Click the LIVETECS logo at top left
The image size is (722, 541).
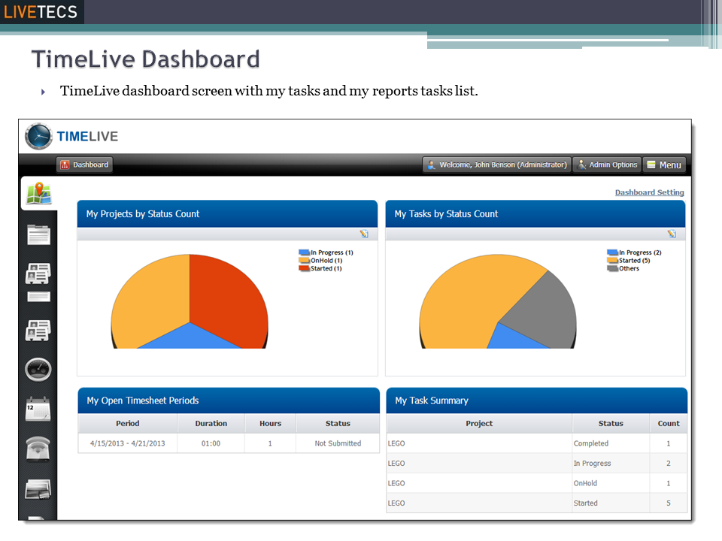click(x=41, y=12)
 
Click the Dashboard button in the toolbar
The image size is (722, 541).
click(x=84, y=165)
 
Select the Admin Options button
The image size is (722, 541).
click(x=608, y=165)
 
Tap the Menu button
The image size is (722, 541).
click(x=664, y=165)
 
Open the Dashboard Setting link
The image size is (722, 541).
click(x=649, y=193)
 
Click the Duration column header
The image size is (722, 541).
click(x=211, y=424)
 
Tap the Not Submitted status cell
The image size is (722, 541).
click(x=338, y=443)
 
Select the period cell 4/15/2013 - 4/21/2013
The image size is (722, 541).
click(x=127, y=443)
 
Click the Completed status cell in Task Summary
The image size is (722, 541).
click(x=591, y=443)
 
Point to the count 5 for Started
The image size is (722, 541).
click(x=668, y=503)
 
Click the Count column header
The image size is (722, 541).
click(x=668, y=424)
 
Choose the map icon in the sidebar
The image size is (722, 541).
click(x=38, y=194)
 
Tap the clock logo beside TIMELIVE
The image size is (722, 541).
click(x=38, y=136)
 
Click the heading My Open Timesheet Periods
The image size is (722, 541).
click(x=143, y=400)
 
